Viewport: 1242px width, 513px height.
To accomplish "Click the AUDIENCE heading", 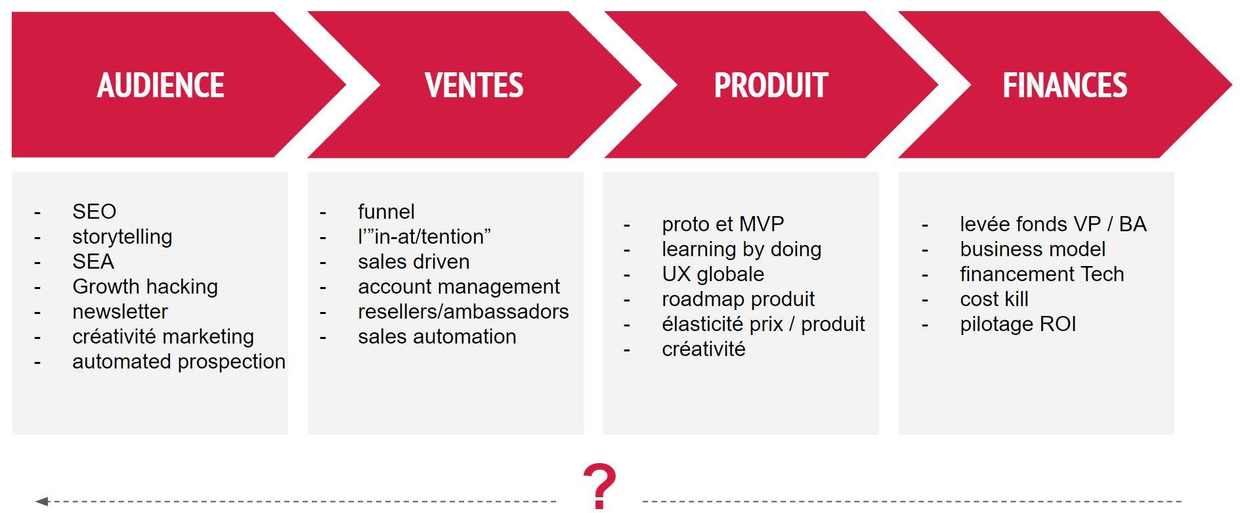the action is coord(161,85).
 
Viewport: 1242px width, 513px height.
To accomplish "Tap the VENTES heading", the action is coord(474,85).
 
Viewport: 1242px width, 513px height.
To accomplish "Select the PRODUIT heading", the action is coord(771,85).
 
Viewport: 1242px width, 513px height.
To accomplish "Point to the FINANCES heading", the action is coord(1065,85).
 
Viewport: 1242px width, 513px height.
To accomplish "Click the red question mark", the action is coord(600,486).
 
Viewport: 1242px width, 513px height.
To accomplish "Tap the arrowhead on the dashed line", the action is coord(42,501).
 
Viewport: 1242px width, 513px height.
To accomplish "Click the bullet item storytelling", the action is coord(122,236).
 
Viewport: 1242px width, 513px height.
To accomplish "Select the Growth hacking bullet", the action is coord(145,286).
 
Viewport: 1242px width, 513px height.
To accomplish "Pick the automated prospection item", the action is coord(179,361).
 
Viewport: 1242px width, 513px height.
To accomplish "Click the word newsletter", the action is coord(120,311).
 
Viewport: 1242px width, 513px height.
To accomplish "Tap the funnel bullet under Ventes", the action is coord(386,212).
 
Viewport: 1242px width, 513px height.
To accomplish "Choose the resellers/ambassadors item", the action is coord(463,311).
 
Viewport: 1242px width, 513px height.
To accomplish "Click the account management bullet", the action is coord(459,286).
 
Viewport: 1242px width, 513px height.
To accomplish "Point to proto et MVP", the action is coord(723,224).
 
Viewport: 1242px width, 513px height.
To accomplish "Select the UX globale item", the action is coord(713,274).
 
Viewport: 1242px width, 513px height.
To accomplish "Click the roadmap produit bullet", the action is coord(738,299).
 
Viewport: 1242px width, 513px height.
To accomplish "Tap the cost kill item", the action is coord(994,299).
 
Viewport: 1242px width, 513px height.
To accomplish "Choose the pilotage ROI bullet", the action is coord(1017,324).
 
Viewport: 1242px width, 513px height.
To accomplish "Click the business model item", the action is coord(1033,249).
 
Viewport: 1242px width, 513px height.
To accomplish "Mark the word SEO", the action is coord(94,212).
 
